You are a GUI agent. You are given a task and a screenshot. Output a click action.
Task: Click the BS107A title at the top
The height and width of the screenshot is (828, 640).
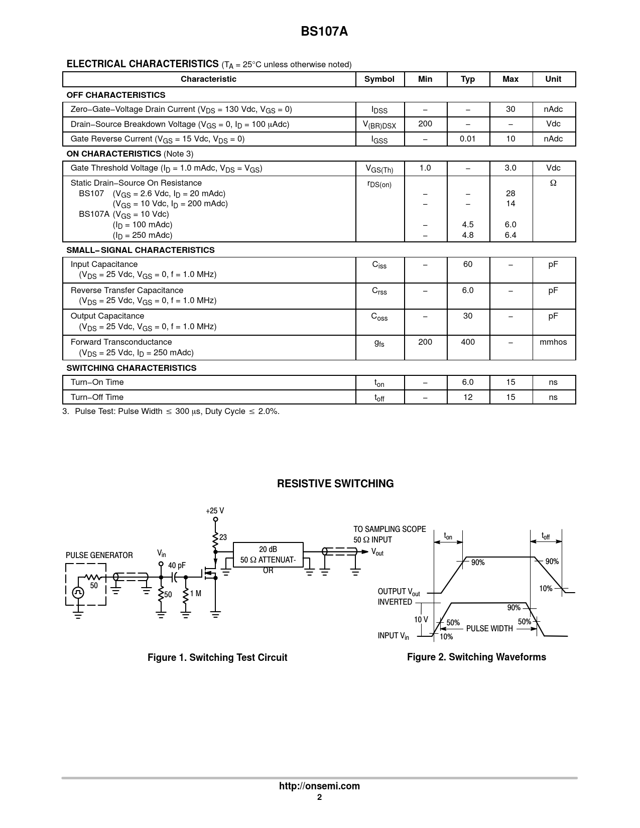click(324, 32)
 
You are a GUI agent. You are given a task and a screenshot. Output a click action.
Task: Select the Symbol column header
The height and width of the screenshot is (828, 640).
click(379, 79)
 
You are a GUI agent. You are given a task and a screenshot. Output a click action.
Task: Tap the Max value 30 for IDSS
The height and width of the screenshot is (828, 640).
click(510, 109)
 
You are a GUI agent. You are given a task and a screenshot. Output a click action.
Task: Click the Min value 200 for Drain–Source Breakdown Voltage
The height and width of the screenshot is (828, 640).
click(425, 124)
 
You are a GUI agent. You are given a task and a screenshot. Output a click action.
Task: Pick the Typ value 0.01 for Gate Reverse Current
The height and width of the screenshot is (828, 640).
click(467, 139)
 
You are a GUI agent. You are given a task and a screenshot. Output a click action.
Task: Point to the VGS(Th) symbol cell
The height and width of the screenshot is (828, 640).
click(379, 169)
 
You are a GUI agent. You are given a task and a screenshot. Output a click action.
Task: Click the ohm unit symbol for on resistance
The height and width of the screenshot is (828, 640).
click(553, 183)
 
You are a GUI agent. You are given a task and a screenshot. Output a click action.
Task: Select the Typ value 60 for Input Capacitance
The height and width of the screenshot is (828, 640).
click(467, 264)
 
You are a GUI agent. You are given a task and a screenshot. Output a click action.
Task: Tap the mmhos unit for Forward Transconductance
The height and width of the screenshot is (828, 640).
click(553, 342)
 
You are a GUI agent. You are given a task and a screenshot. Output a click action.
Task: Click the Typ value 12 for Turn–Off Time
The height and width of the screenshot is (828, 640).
click(467, 397)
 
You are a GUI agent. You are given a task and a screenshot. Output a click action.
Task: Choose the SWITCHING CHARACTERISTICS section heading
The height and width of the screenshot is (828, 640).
click(132, 368)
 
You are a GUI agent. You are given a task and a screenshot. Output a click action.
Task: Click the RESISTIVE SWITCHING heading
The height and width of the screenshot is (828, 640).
click(335, 484)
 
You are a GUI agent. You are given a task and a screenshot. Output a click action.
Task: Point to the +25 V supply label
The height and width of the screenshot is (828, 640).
click(215, 511)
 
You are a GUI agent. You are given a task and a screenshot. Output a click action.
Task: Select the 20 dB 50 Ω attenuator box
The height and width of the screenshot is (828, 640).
click(268, 555)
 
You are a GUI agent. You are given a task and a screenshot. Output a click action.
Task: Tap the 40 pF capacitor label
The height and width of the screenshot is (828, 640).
click(177, 566)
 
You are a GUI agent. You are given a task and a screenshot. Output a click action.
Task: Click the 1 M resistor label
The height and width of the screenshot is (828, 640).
click(196, 594)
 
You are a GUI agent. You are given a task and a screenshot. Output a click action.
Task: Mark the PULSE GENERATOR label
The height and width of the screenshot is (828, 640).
click(99, 556)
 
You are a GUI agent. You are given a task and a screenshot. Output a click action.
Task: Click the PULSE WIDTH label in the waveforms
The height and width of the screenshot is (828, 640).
click(489, 629)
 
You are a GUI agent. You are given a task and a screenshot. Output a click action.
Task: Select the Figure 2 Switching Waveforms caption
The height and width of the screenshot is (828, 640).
click(476, 657)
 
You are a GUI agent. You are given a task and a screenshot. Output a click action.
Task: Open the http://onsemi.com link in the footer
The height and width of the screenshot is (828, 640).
click(319, 786)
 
